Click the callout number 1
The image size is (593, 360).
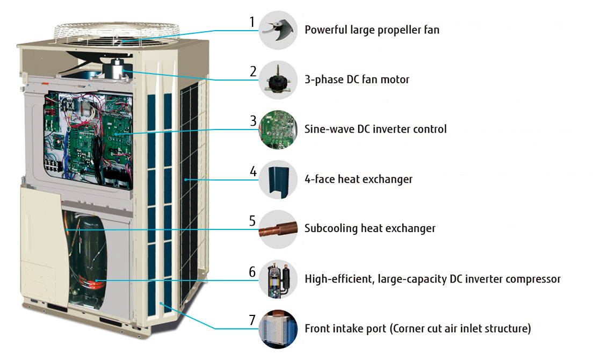tap(251, 23)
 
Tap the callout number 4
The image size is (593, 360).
tap(252, 172)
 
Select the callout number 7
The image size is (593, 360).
tap(252, 320)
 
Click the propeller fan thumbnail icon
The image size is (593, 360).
tap(278, 30)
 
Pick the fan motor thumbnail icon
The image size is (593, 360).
tap(278, 80)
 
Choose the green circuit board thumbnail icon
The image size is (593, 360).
tap(278, 129)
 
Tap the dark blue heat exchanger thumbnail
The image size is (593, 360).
tap(278, 179)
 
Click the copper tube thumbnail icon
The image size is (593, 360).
tap(278, 229)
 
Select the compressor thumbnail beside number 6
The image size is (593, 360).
tap(278, 279)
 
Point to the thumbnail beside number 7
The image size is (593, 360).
tap(278, 328)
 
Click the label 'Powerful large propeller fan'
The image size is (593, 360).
tap(372, 30)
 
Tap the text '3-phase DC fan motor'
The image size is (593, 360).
tap(357, 80)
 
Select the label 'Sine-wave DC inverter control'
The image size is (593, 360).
tap(375, 129)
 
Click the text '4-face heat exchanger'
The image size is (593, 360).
tap(358, 179)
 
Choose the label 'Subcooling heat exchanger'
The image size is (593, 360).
tap(370, 229)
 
